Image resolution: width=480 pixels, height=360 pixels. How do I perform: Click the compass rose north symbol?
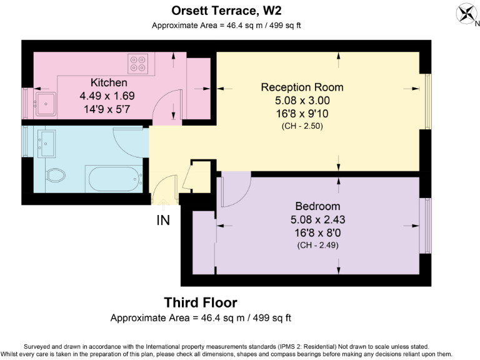click(x=467, y=14)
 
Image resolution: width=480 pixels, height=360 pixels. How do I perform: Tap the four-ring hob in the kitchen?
click(x=137, y=64)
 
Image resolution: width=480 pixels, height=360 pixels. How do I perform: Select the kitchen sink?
click(x=46, y=104)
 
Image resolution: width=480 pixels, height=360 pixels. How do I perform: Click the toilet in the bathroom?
click(x=56, y=175)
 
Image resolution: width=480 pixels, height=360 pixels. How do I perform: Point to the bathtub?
click(x=115, y=179)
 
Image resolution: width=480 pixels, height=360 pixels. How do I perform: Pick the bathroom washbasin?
click(x=46, y=144)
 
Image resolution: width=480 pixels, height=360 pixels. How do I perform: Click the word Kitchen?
click(x=109, y=82)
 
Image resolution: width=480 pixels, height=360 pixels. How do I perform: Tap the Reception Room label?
click(x=302, y=87)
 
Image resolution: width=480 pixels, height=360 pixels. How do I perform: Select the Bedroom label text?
click(x=317, y=206)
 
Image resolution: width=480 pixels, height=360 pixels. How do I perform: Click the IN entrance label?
click(x=163, y=221)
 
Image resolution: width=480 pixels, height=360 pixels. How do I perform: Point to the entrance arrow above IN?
click(x=163, y=204)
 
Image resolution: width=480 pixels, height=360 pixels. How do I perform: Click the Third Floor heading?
click(x=201, y=302)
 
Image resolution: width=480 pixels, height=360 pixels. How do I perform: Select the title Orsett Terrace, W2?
click(x=226, y=11)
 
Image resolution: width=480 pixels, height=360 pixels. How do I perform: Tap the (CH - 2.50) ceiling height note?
click(x=302, y=126)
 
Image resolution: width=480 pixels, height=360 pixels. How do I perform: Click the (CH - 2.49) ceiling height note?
click(x=317, y=245)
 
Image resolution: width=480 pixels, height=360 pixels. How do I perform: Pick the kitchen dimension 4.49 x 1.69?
click(x=107, y=96)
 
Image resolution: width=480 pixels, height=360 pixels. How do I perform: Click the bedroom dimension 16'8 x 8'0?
click(x=317, y=233)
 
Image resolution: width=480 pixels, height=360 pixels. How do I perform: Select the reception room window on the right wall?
click(x=427, y=101)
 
